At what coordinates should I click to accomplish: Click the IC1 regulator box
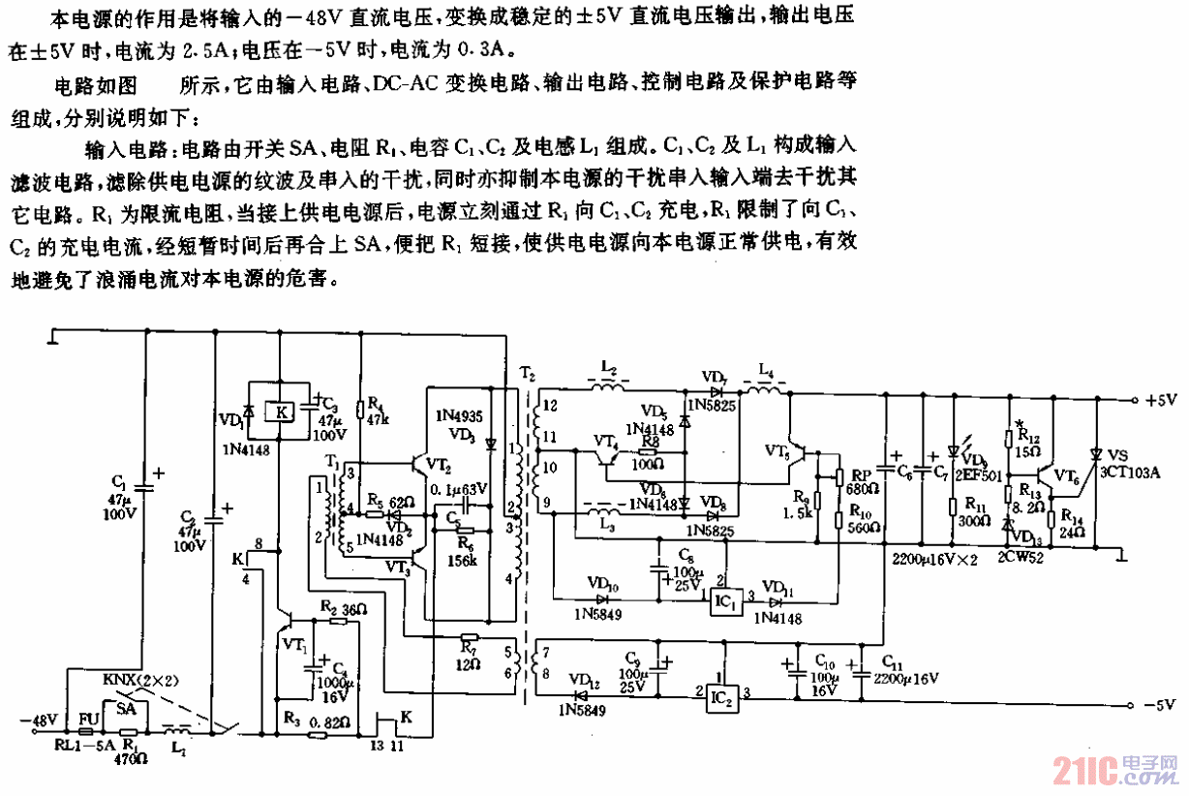coord(725,599)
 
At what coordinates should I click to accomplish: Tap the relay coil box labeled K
coord(281,411)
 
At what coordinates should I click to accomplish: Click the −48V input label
coord(39,720)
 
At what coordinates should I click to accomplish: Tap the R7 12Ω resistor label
coord(468,654)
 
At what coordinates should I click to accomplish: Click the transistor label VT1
coord(292,643)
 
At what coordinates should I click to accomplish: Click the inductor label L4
coord(765,369)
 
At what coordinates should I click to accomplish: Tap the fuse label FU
coord(88,719)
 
